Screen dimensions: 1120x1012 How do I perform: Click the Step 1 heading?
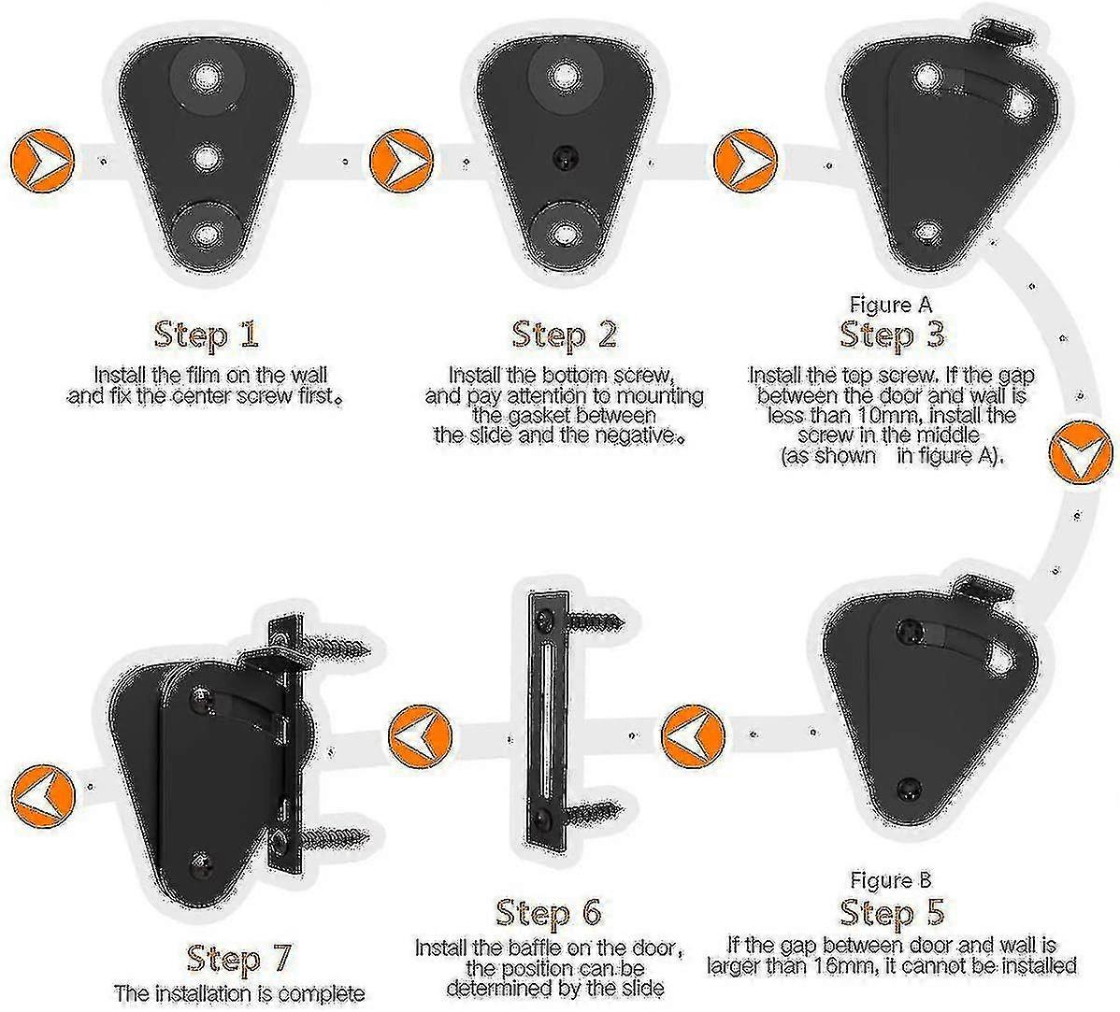point(206,335)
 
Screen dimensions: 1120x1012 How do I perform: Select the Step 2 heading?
point(565,335)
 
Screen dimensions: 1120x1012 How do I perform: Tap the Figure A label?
point(891,305)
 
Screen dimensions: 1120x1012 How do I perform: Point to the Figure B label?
point(891,880)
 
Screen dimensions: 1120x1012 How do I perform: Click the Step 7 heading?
point(239,959)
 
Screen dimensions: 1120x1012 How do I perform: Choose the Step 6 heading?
point(549,912)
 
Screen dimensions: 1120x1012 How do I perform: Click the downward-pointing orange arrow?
point(1081,453)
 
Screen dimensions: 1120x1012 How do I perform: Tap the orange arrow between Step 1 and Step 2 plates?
point(401,160)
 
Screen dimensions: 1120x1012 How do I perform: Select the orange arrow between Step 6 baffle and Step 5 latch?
point(693,736)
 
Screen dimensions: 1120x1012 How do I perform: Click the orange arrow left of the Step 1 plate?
point(43,160)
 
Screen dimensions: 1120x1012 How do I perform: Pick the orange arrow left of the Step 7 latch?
point(43,795)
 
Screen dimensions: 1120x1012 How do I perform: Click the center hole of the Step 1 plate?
point(207,156)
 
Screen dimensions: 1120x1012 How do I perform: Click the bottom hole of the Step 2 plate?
point(565,235)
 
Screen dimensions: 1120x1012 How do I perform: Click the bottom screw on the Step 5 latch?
point(910,788)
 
